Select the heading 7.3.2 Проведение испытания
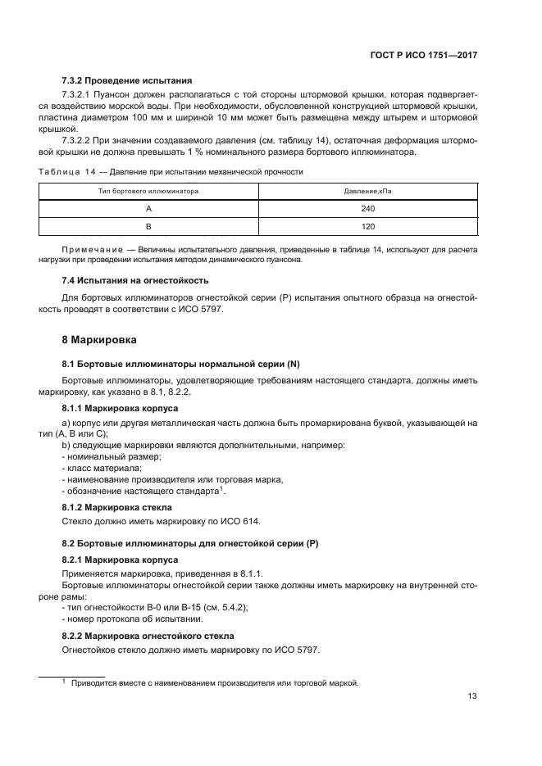click(127, 81)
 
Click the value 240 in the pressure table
click(367, 208)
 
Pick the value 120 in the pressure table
click(367, 225)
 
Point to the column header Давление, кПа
click(367, 191)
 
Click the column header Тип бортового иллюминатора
click(149, 191)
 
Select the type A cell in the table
click(149, 208)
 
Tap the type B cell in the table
click(149, 225)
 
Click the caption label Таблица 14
click(69, 172)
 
